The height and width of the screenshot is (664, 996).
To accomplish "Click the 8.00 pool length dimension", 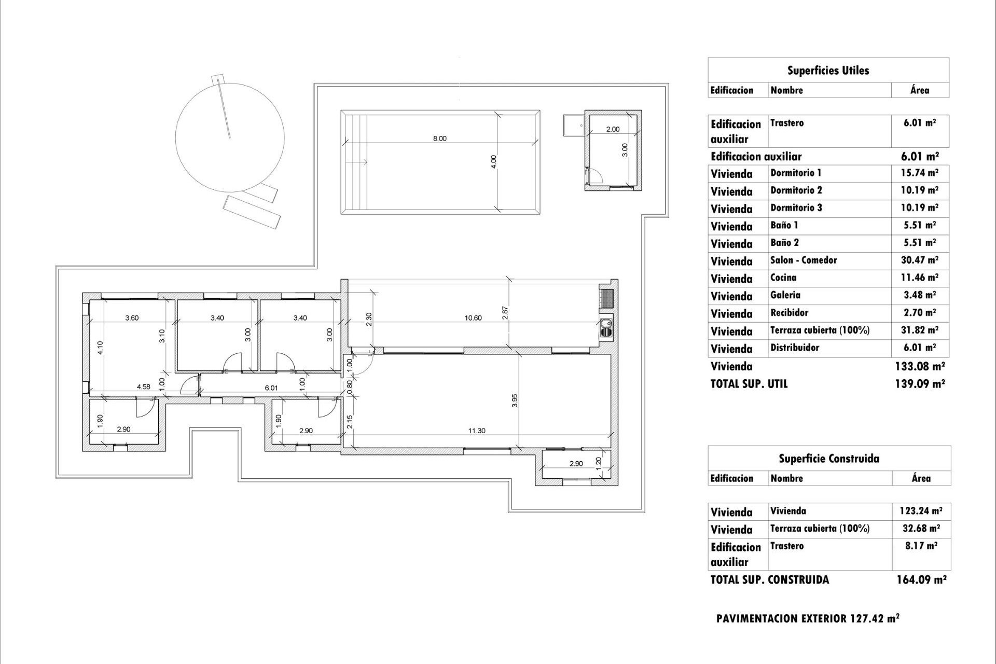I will pyautogui.click(x=439, y=139).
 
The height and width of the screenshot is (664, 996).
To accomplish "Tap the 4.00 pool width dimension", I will pyautogui.click(x=494, y=161).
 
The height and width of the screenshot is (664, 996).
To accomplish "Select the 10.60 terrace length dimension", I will pyautogui.click(x=473, y=318).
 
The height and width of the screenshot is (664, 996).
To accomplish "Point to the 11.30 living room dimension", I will pyautogui.click(x=477, y=431).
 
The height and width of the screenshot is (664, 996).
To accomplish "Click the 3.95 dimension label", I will pyautogui.click(x=515, y=400).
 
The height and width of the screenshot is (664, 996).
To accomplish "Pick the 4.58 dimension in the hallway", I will pyautogui.click(x=143, y=386).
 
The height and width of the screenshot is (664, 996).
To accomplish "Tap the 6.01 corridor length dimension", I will pyautogui.click(x=271, y=388).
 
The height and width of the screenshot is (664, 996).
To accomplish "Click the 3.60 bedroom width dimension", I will pyautogui.click(x=132, y=318).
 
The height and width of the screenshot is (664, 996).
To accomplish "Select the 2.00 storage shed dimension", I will pyautogui.click(x=613, y=129).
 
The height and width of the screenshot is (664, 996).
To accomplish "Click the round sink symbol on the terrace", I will pyautogui.click(x=605, y=326).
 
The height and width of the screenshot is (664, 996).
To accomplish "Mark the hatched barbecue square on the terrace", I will pyautogui.click(x=607, y=298).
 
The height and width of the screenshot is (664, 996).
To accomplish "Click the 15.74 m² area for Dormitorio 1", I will pyautogui.click(x=919, y=173).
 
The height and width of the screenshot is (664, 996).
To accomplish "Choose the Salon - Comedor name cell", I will pyautogui.click(x=804, y=260).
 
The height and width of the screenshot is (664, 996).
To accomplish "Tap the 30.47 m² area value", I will pyautogui.click(x=919, y=260).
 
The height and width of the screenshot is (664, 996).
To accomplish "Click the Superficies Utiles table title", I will pyautogui.click(x=828, y=71).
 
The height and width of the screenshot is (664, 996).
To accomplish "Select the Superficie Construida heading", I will pyautogui.click(x=828, y=459).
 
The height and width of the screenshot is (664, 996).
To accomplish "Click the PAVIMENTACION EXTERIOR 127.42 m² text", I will pyautogui.click(x=807, y=618).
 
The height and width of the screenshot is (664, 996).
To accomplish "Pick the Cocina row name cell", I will pyautogui.click(x=783, y=278).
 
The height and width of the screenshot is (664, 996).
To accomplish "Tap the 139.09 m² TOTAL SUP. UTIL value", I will pyautogui.click(x=920, y=384).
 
